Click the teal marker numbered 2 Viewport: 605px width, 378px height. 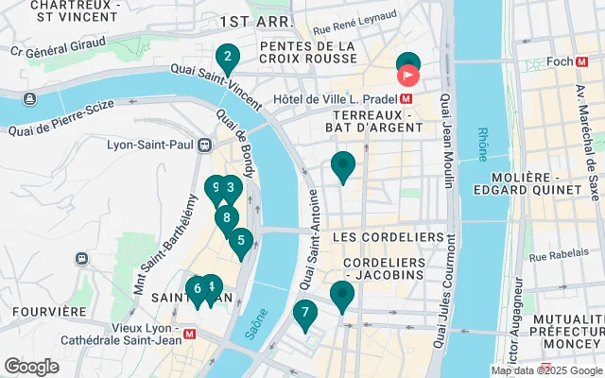226,59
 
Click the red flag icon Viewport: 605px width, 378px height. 409,74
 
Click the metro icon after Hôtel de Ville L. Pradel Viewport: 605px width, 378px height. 406,97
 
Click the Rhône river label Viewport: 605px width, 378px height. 483,144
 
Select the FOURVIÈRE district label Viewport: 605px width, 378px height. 41,311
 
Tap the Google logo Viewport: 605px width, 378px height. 31,367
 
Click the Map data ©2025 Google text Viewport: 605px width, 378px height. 545,370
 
